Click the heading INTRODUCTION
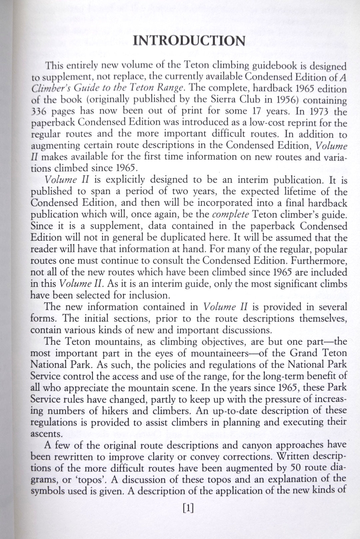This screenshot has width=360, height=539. (189, 41)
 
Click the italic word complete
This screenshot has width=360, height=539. (230, 214)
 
